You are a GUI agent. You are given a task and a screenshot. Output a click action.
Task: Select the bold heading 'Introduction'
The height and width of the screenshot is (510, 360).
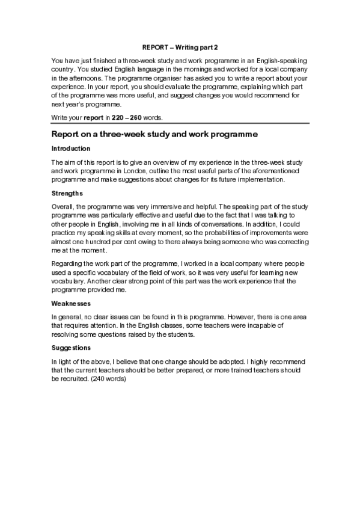click(71, 149)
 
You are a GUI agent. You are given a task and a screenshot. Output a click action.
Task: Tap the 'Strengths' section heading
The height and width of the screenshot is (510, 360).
click(67, 194)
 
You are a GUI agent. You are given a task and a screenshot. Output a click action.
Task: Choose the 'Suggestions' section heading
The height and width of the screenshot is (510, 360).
click(72, 348)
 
